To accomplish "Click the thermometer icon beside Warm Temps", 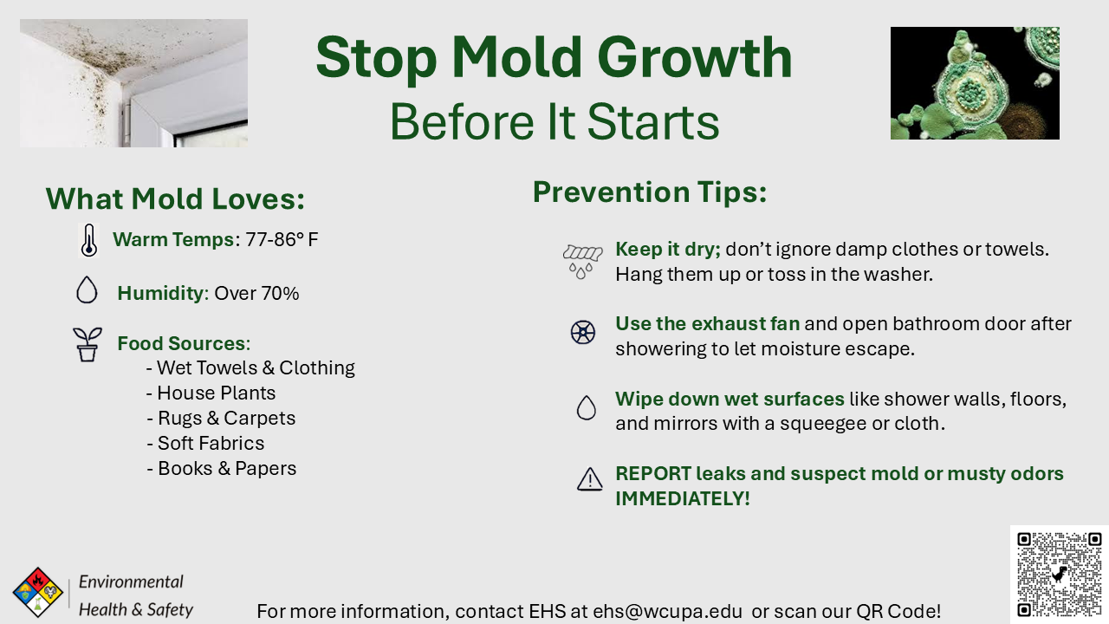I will coord(88,240).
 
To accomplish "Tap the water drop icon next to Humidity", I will coord(87,289).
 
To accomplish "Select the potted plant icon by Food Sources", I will coord(87,344).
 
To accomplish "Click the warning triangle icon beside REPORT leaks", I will coord(589,479).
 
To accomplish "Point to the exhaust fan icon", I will coord(583,332).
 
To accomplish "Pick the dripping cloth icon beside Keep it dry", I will coord(582,260).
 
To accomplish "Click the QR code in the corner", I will coord(1059,574).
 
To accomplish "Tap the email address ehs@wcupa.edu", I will coord(667,611).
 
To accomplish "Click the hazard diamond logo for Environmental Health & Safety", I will coord(37,592).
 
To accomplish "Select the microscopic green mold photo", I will coord(975,83).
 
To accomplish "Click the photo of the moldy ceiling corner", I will coord(133,83).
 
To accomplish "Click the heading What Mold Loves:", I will coord(175,199).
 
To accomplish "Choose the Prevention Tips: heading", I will coord(650,192).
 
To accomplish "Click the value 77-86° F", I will coord(282,240).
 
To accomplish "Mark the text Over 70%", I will coord(256,294).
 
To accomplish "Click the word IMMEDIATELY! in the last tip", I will coord(683,499).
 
